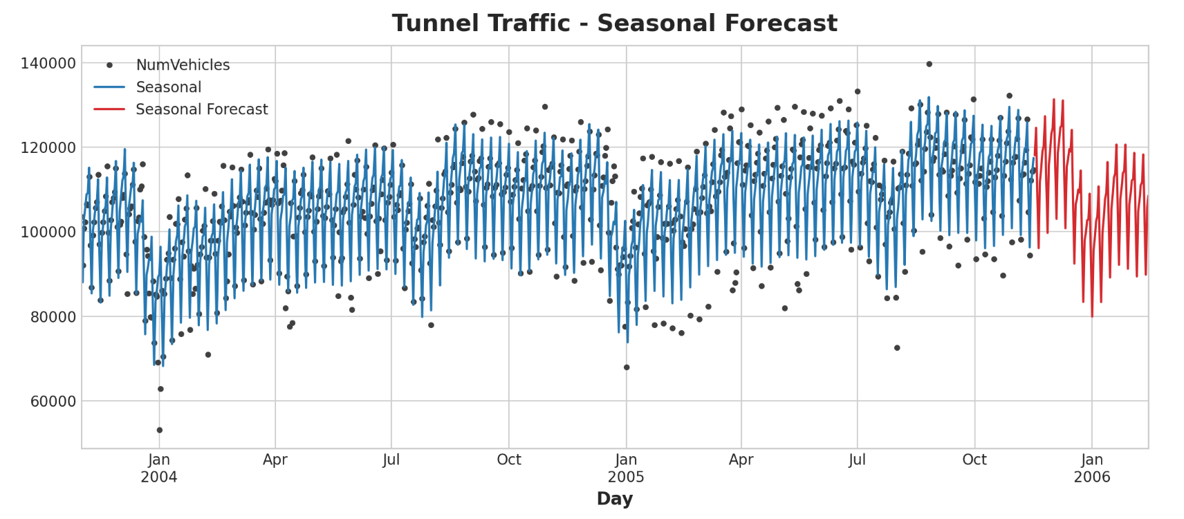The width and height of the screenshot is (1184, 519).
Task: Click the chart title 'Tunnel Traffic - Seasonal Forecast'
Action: tap(614, 24)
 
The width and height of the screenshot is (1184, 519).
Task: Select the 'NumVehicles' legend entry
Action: tap(183, 65)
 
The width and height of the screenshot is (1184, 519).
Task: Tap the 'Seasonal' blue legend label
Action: tap(169, 87)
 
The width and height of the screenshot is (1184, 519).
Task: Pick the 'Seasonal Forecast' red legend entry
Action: tap(201, 109)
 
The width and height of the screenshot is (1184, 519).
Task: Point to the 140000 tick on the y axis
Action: tap(48, 64)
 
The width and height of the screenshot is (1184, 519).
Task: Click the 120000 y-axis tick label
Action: tap(48, 148)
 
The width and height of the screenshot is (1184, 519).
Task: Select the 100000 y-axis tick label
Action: tap(48, 233)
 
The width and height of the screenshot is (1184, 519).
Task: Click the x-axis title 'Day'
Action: tap(614, 498)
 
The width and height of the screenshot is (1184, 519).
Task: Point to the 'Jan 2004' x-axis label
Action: tap(159, 468)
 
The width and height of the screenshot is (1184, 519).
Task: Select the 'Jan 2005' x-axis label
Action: tap(626, 468)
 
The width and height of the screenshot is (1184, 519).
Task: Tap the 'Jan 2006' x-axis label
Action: tap(1092, 468)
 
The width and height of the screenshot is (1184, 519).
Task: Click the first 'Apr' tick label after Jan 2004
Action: tap(275, 460)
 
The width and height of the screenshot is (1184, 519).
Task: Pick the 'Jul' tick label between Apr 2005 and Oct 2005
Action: tap(858, 460)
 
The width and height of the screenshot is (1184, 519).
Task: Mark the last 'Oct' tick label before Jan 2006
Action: tap(974, 460)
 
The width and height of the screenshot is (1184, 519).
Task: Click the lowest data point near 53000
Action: tap(159, 430)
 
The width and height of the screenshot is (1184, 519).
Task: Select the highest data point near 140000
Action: tap(929, 64)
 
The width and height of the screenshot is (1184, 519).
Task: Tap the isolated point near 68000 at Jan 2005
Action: tap(627, 367)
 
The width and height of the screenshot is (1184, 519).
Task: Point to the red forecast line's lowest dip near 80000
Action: tap(1092, 316)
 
